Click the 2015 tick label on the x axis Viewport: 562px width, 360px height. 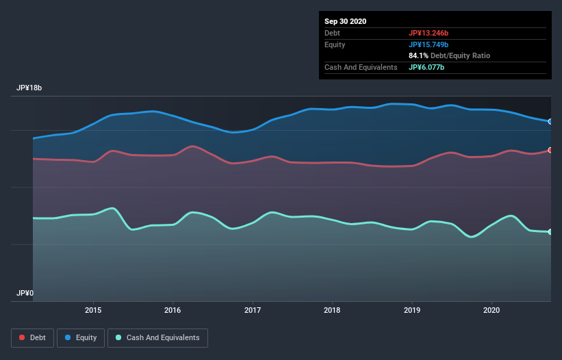[93, 310]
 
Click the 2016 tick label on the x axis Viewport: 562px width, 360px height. [173, 310]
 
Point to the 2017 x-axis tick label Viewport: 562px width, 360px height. [253, 310]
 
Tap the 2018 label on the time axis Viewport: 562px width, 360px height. [332, 310]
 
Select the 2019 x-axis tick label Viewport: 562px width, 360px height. [412, 310]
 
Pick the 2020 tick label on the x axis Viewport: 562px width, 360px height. [491, 310]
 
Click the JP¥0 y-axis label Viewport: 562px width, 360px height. [25, 293]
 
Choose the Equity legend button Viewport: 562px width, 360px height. [81, 337]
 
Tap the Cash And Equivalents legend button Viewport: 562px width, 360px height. [157, 337]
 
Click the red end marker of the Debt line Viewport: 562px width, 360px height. [550, 150]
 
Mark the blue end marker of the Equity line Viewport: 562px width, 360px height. [550, 121]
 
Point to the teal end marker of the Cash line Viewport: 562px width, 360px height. [550, 232]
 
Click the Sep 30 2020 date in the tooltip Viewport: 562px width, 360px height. [345, 21]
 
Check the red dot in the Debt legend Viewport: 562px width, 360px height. [23, 337]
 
